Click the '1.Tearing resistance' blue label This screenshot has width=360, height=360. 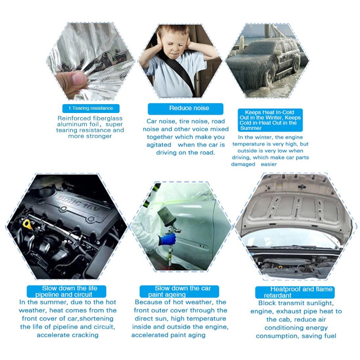point(91,108)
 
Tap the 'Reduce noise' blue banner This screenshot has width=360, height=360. point(186,109)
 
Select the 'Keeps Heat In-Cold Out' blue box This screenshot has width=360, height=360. point(270,120)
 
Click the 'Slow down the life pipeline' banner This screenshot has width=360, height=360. point(66,291)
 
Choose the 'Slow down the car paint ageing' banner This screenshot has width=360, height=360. point(179,291)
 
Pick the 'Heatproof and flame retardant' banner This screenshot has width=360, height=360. point(295,292)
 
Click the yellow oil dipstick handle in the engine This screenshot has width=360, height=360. point(27,224)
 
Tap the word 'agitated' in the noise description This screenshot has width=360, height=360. point(159,145)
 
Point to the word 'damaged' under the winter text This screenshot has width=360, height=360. point(243,164)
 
